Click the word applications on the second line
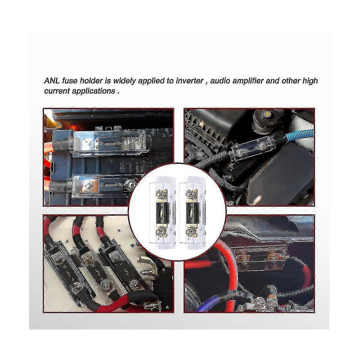(92, 91)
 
